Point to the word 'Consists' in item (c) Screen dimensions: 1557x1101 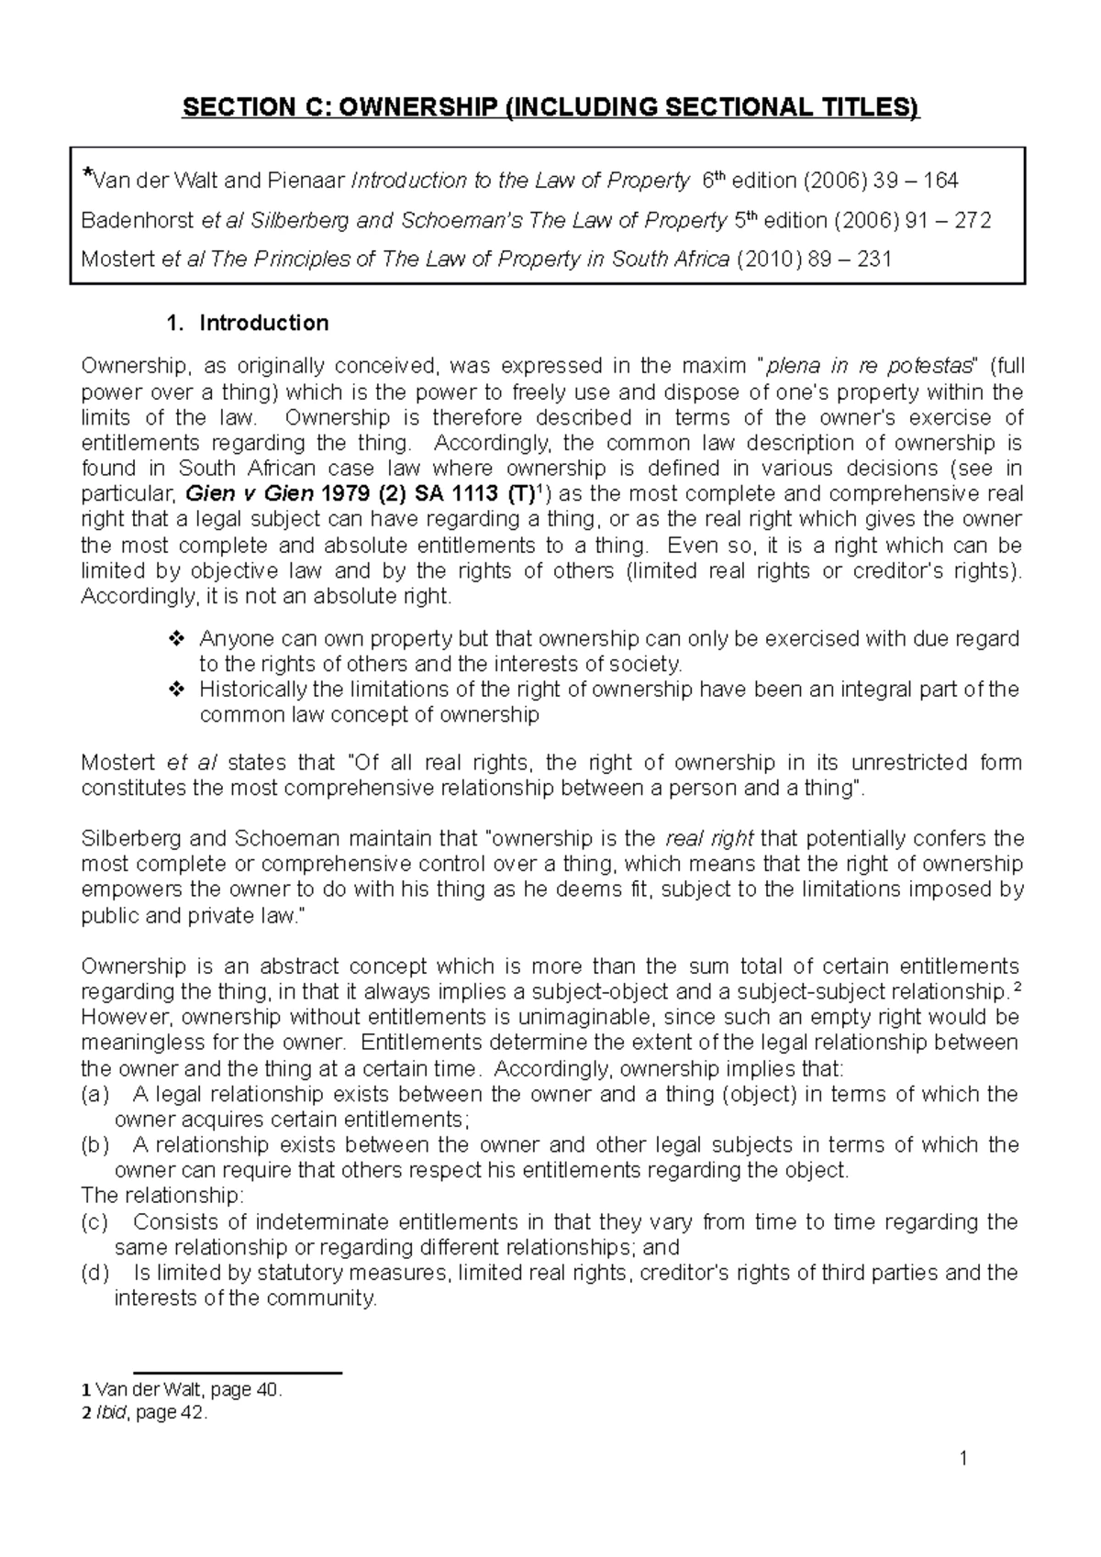pos(172,1222)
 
